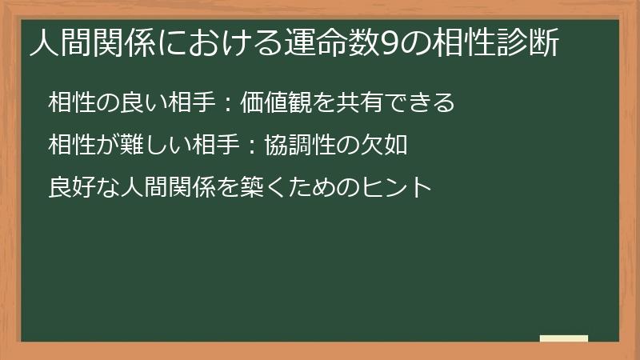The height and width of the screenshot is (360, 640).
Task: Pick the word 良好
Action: pyautogui.click(x=70, y=189)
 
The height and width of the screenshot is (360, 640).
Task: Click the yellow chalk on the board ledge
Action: pyautogui.click(x=563, y=339)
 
